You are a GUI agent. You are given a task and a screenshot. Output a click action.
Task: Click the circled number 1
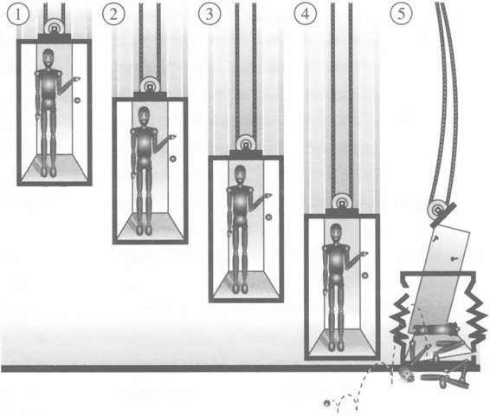click(18, 15)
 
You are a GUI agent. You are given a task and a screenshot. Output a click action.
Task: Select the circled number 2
click(113, 15)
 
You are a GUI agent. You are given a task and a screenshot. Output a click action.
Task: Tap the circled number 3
click(210, 15)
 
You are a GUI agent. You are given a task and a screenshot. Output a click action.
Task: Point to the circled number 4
click(306, 15)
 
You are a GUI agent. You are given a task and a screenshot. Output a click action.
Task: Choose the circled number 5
click(401, 15)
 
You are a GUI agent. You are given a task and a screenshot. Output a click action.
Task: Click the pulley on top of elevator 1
click(55, 26)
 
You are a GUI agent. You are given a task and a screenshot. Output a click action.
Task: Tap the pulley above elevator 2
click(151, 84)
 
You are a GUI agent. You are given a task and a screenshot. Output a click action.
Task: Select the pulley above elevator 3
click(246, 143)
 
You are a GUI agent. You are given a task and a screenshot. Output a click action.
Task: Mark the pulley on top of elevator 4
click(342, 201)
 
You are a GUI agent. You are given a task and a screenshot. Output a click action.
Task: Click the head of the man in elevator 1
click(48, 58)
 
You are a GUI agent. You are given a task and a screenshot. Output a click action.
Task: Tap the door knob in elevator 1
click(77, 100)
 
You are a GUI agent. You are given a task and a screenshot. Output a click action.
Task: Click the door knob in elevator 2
click(173, 159)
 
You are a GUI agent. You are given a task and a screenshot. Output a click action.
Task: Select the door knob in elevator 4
click(364, 276)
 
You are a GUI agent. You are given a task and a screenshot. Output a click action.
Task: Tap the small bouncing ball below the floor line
click(326, 403)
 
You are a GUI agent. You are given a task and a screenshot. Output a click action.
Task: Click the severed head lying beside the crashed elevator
click(407, 374)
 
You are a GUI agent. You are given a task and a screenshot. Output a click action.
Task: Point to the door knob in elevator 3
click(268, 217)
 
